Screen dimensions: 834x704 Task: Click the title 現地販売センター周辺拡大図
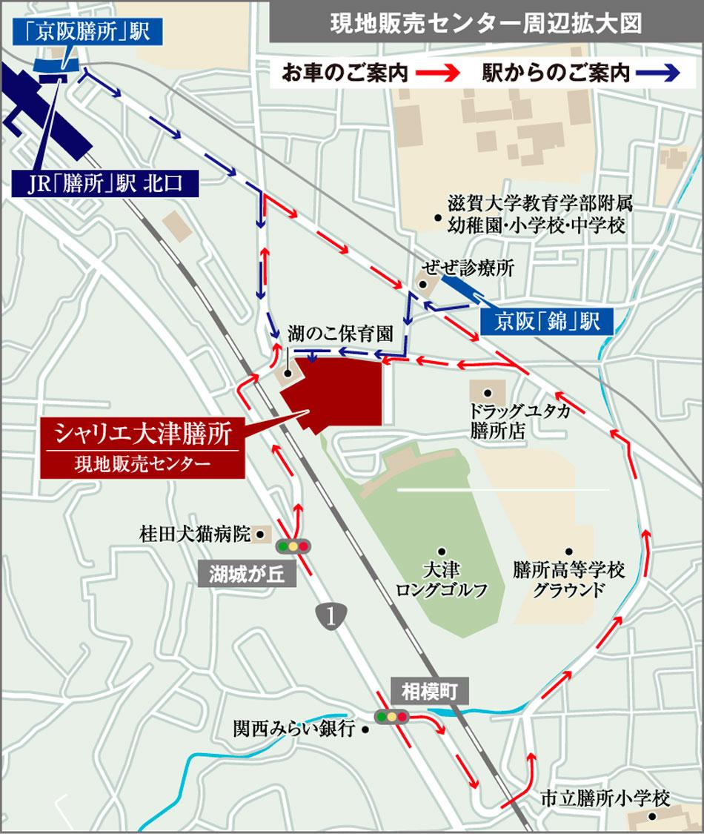(x=485, y=24)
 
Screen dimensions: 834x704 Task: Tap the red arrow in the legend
(x=439, y=73)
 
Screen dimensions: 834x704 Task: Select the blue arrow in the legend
(x=661, y=73)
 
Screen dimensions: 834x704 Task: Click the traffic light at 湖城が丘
(x=293, y=546)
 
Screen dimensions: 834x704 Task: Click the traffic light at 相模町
(x=392, y=717)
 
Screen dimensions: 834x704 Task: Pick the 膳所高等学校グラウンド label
(x=569, y=580)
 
